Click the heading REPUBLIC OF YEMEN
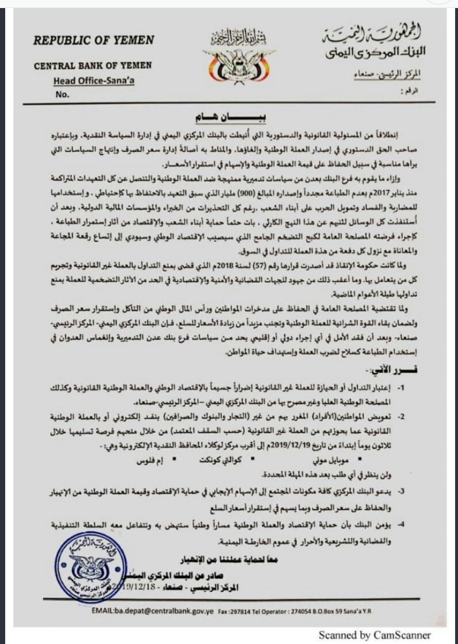[94, 40]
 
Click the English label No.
[63, 94]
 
